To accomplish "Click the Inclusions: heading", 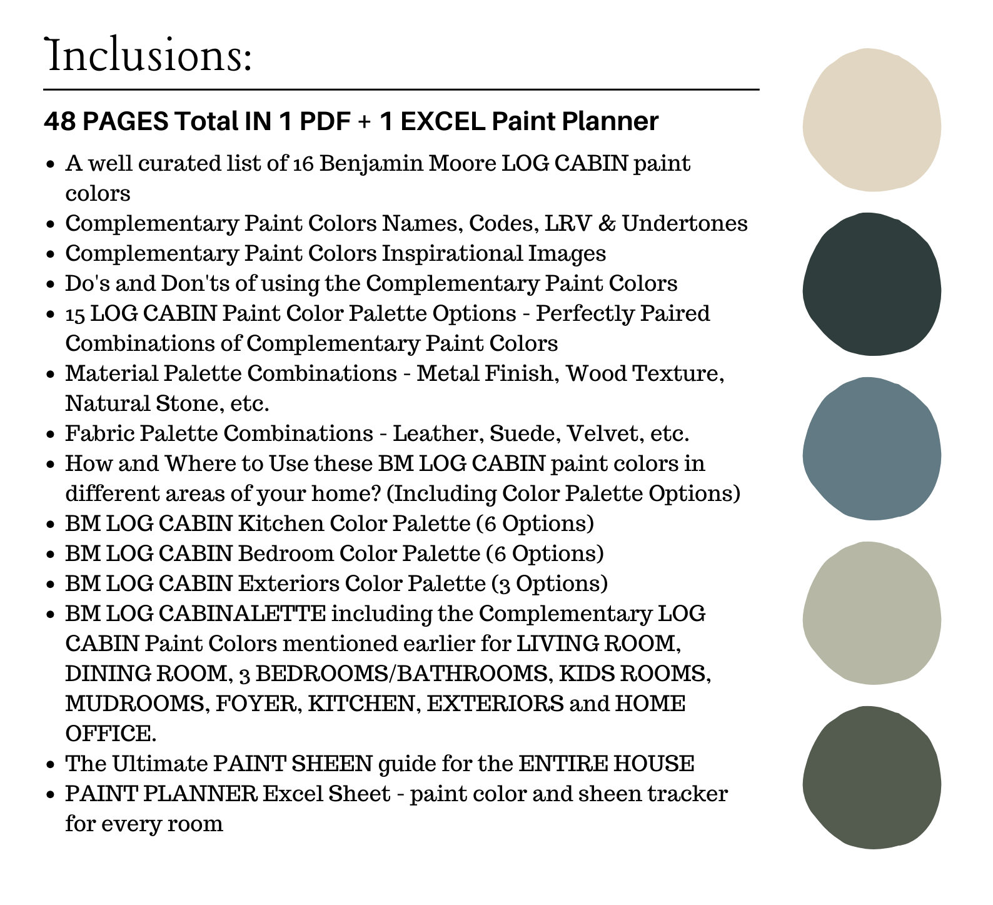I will (x=149, y=56).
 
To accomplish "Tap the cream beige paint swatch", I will (x=872, y=120).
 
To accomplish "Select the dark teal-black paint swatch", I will (x=872, y=285).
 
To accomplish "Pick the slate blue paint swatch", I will (x=872, y=448).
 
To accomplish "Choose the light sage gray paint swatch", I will (x=872, y=613).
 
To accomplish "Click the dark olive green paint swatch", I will (x=872, y=777).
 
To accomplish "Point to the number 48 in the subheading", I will (x=59, y=121).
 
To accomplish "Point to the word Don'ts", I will (x=194, y=283).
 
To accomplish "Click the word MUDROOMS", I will (x=136, y=704).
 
